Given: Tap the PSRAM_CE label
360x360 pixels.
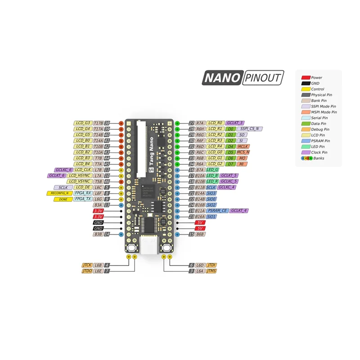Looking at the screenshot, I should (217, 211).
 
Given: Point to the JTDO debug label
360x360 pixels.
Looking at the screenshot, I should (87, 271).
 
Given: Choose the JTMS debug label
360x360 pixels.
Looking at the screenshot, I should (211, 271).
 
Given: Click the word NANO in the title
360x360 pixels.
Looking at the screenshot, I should (221, 78).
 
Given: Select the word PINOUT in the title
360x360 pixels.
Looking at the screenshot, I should (263, 78).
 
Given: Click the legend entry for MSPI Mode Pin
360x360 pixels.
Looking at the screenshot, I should (324, 112).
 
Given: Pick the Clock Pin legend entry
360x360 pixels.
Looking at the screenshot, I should (320, 153).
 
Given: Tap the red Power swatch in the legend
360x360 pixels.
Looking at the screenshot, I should (305, 77).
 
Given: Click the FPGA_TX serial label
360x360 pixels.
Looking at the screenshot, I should (83, 199).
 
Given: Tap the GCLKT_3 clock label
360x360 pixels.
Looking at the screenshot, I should (235, 123).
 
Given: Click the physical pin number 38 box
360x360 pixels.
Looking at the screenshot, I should (107, 123).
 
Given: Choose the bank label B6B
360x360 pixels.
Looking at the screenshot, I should (200, 234).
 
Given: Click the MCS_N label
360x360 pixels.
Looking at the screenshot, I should (243, 152).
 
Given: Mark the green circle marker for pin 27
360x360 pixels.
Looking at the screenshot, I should (177, 123).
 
